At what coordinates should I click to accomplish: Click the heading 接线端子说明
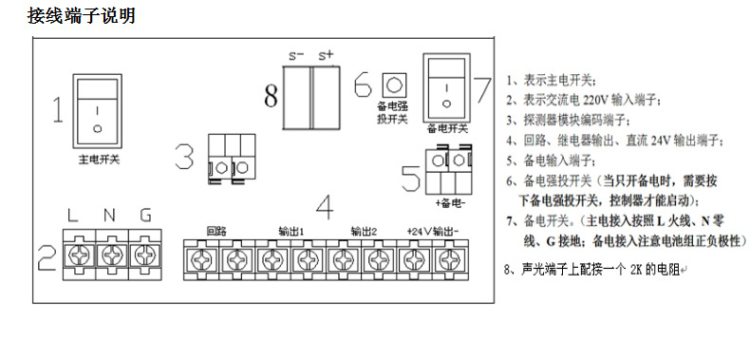[82, 16]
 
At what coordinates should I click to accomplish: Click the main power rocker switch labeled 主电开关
[97, 111]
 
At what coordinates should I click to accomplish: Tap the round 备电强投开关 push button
[394, 85]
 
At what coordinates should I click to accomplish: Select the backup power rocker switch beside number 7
[446, 87]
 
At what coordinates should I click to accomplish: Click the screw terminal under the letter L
[80, 255]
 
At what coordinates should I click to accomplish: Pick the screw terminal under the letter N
[112, 255]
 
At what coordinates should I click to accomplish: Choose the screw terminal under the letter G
[145, 255]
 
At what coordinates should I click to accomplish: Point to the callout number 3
[184, 158]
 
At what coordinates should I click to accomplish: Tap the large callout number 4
[326, 206]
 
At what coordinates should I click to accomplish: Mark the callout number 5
[411, 179]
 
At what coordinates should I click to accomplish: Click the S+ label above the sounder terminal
[326, 55]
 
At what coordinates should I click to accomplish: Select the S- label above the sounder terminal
[296, 55]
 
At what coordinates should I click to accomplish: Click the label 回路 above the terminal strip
[216, 231]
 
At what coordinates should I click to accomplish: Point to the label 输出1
[291, 232]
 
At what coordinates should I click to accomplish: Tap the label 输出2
[364, 232]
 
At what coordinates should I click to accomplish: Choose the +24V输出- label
[433, 232]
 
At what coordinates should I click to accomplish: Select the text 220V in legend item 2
[595, 101]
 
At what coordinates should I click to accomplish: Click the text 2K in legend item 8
[636, 270]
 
